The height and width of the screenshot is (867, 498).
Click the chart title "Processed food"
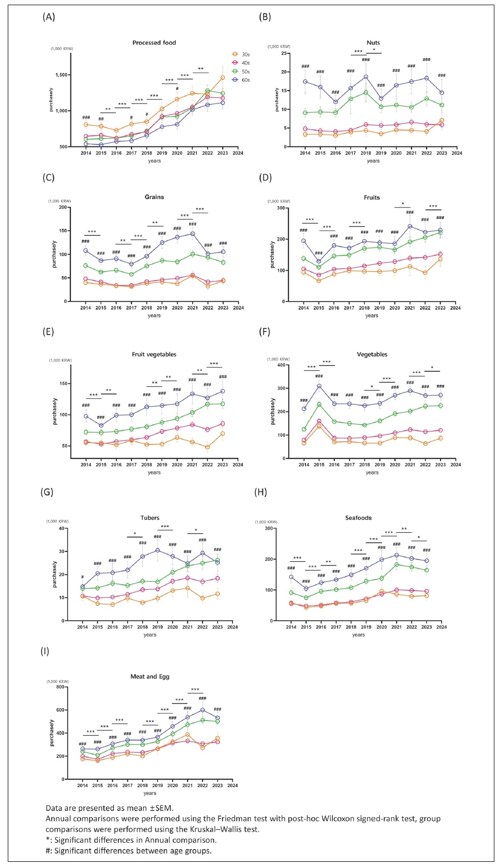pos(154,42)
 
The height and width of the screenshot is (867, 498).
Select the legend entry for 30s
pos(241,54)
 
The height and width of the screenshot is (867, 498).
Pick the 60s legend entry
pos(241,80)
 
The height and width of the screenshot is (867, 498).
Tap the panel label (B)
pos(265,17)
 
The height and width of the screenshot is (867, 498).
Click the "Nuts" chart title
pos(373,42)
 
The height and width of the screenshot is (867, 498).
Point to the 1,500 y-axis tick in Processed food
pos(62,75)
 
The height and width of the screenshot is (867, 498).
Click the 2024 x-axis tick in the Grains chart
pos(238,308)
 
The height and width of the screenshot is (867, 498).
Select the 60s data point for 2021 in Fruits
pos(410,226)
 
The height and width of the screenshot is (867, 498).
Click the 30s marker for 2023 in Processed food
pos(223,78)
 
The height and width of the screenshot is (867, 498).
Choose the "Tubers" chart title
pos(150,518)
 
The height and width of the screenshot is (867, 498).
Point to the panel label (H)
pos(261,492)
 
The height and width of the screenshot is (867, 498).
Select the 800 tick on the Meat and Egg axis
pos(60,687)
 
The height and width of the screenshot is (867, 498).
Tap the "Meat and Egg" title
pos(150,677)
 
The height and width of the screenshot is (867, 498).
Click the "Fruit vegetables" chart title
pos(154,354)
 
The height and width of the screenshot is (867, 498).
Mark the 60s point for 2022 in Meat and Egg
pos(202,710)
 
